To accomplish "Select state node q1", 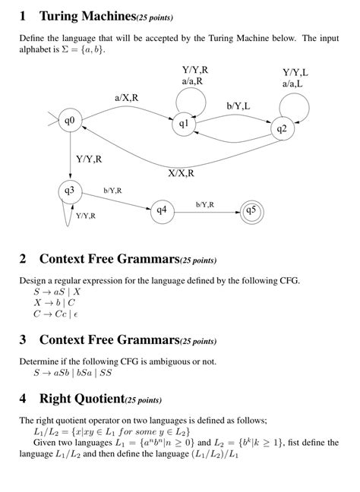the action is pos(185,122).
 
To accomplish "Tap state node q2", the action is pos(281,128).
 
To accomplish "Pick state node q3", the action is pos(70,190).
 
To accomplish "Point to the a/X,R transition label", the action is pos(126,97).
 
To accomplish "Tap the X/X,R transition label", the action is pos(181,172).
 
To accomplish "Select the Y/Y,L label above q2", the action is pos(295,72).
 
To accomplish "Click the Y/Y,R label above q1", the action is pos(195,69).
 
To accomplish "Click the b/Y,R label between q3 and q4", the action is pos(112,190).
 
